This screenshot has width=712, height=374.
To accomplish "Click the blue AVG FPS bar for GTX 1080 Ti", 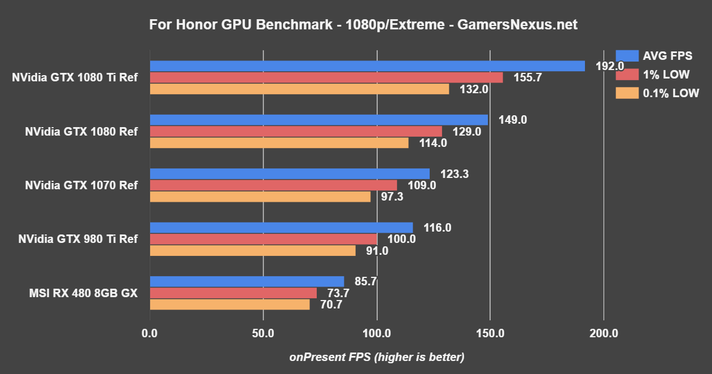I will (x=367, y=66).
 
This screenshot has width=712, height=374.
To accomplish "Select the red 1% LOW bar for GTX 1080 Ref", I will (x=296, y=131).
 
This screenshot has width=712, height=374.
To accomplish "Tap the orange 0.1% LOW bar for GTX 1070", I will (x=260, y=197).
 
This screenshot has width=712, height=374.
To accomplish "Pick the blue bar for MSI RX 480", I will (x=247, y=281).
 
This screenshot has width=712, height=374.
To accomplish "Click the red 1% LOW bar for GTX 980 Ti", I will (x=263, y=239).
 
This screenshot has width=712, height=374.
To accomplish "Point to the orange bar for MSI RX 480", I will (x=230, y=305).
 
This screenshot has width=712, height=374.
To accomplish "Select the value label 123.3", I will (x=455, y=173).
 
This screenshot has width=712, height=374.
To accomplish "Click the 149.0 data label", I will (x=513, y=120).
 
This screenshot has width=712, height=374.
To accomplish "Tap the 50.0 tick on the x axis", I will (x=263, y=333).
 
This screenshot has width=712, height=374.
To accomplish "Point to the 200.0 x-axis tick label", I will (x=604, y=333).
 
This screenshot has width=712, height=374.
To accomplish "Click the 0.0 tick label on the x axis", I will (x=150, y=333).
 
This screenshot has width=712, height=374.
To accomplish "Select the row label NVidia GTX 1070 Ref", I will (x=81, y=185).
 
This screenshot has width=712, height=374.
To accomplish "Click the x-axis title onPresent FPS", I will (x=377, y=357).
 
